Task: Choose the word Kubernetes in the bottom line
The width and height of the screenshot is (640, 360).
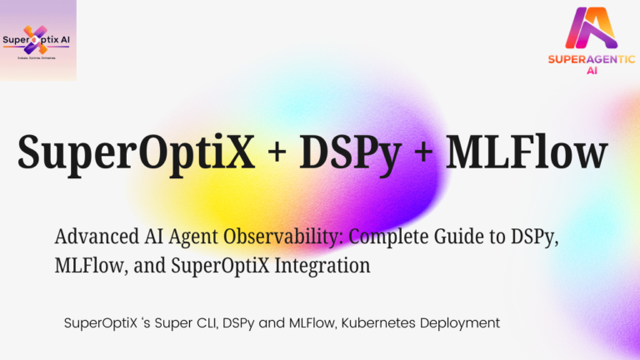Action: [x=382, y=321]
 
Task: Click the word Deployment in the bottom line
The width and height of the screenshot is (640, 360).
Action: [x=462, y=322]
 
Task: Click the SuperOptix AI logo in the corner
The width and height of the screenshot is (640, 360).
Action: [x=38, y=40]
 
